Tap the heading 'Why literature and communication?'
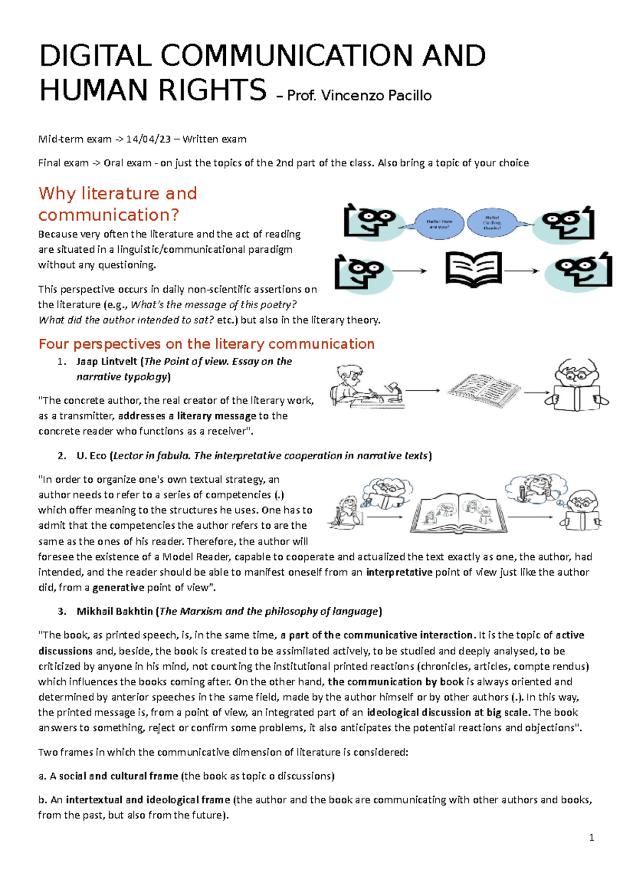coord(118,204)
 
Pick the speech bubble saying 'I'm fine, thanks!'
coord(492,223)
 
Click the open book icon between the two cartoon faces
coord(473,269)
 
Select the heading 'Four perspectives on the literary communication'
coord(206,344)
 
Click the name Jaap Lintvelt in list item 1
coord(107,361)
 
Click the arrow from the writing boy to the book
coord(423,390)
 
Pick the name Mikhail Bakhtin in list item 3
coord(114,611)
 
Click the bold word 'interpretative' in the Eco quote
coord(399,572)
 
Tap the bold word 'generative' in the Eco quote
coord(118,587)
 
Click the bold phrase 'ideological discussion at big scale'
coord(448,712)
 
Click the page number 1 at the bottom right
coord(591,837)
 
